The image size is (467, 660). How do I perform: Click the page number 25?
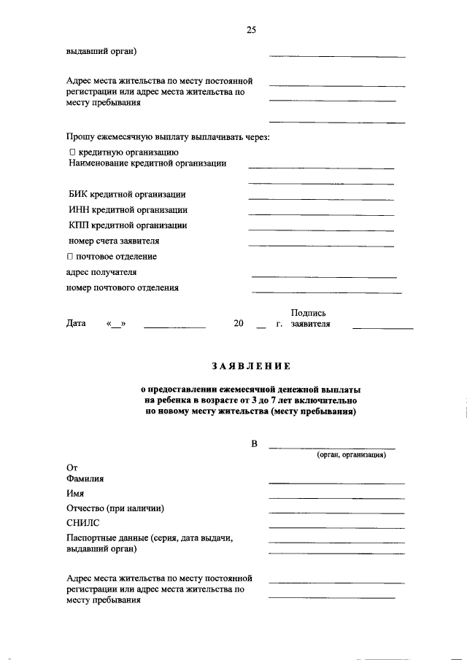[x=251, y=30]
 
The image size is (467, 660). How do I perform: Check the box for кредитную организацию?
[x=72, y=152]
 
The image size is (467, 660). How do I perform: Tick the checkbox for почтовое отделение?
[x=70, y=257]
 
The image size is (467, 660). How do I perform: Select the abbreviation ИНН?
[x=80, y=210]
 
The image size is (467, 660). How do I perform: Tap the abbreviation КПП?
[x=80, y=225]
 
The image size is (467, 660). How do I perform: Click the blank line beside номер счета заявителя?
[x=321, y=245]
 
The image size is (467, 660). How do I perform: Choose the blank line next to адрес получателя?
[x=324, y=276]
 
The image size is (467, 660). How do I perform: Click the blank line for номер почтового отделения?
[x=326, y=292]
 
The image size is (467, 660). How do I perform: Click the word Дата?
[x=76, y=324]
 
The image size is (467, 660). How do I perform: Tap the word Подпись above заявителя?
[x=308, y=313]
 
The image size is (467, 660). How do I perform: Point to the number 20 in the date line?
[x=239, y=324]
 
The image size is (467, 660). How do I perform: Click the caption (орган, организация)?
[x=351, y=454]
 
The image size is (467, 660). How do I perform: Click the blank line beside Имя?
[x=336, y=497]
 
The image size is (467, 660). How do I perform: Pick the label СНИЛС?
[x=82, y=523]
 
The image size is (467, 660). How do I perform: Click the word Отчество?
[x=85, y=508]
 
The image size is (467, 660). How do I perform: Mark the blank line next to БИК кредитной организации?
[x=321, y=199]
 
